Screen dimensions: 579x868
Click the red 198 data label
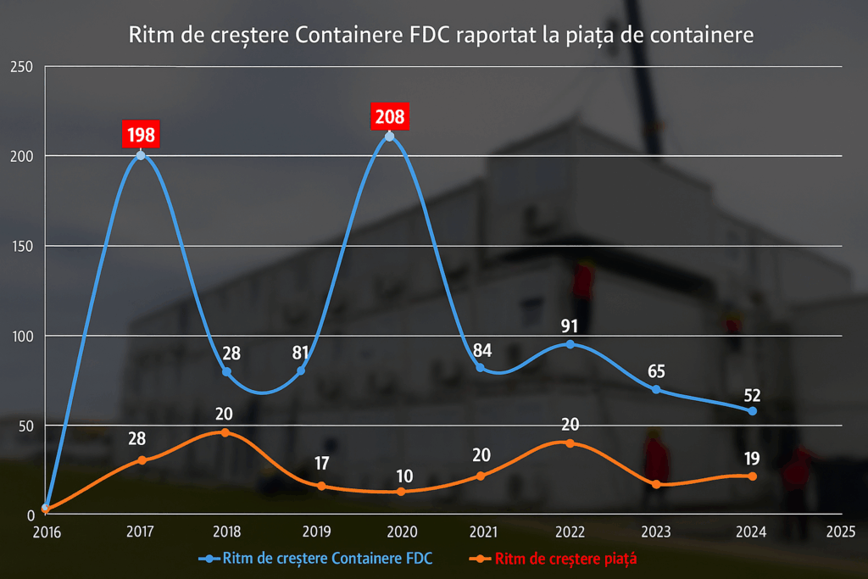[x=141, y=134]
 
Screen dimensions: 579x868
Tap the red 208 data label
[x=390, y=116]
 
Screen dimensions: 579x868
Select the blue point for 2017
[x=141, y=155]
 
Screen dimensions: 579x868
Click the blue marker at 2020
[x=389, y=136]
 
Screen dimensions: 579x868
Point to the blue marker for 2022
[x=570, y=344]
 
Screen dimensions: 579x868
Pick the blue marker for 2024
[x=752, y=410]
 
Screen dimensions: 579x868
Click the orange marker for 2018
[x=225, y=432]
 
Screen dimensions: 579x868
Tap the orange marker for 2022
[x=570, y=443]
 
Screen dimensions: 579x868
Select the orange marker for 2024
[x=752, y=476]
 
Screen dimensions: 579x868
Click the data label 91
[x=570, y=326]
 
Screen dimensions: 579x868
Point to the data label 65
[x=657, y=370]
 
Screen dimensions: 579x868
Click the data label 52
[x=752, y=394]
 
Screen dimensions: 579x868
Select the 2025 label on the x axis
[x=840, y=532]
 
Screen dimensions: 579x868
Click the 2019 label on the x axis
[x=316, y=532]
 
